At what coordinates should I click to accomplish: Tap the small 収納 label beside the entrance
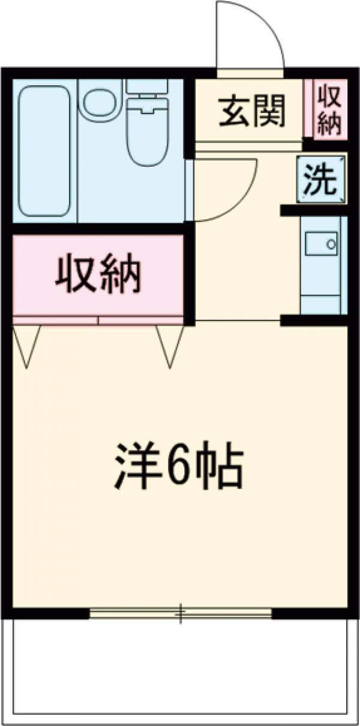[x=329, y=109]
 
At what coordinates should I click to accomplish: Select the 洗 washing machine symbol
[x=322, y=179]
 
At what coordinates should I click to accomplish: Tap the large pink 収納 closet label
[x=98, y=274]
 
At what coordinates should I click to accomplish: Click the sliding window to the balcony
[x=180, y=613]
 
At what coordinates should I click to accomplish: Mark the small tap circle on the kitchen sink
[x=330, y=244]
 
